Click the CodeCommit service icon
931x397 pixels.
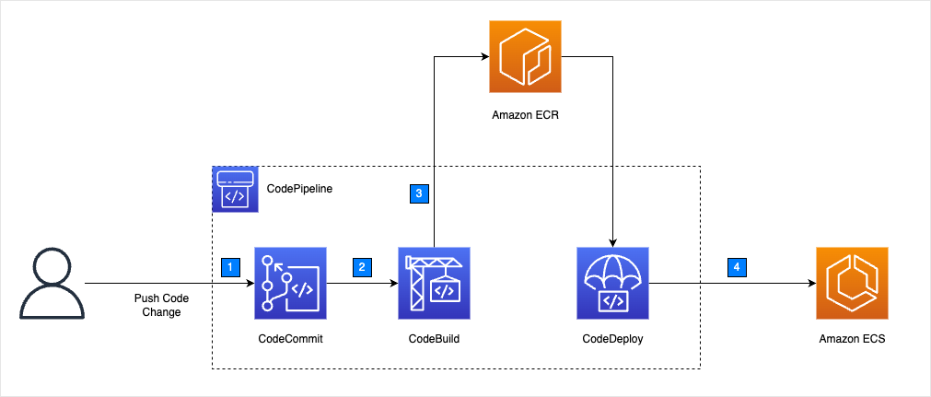[x=290, y=282]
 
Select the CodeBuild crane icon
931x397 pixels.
[x=434, y=282]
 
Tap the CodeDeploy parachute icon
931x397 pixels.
[x=612, y=282]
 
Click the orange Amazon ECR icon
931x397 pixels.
[x=524, y=57]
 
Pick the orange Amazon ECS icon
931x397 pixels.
[x=852, y=282]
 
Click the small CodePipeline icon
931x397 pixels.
[x=235, y=189]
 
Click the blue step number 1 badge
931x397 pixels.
[x=232, y=267]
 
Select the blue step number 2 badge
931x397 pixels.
[x=362, y=267]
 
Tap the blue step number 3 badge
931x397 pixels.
[x=419, y=193]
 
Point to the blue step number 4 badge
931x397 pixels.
[x=735, y=267]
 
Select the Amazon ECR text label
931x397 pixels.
[x=523, y=116]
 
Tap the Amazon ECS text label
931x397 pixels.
[x=852, y=339]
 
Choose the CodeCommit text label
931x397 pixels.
[x=290, y=339]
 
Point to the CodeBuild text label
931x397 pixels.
[x=434, y=339]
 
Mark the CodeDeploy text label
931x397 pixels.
[x=612, y=339]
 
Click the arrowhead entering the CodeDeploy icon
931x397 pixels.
[x=612, y=240]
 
